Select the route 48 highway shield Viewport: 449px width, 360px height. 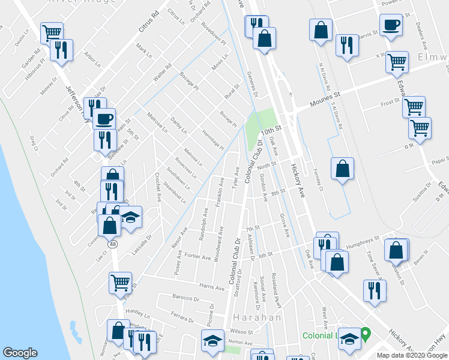pyautogui.click(x=112, y=244)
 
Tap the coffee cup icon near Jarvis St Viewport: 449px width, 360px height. pyautogui.click(x=391, y=26)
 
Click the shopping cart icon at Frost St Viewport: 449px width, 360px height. pyautogui.click(x=414, y=107)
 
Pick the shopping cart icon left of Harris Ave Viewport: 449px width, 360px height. pyautogui.click(x=120, y=283)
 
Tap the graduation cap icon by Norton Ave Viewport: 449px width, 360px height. pyautogui.click(x=211, y=341)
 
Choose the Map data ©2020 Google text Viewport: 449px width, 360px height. pyautogui.click(x=412, y=355)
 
